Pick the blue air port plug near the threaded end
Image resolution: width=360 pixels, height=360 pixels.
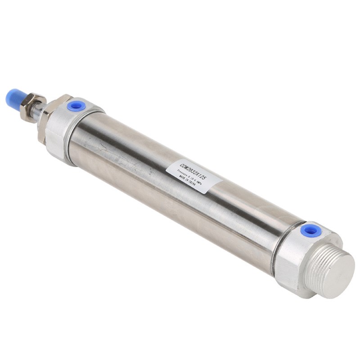(x=310, y=230)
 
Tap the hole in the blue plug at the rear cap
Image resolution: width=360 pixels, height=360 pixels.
(x=310, y=230)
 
